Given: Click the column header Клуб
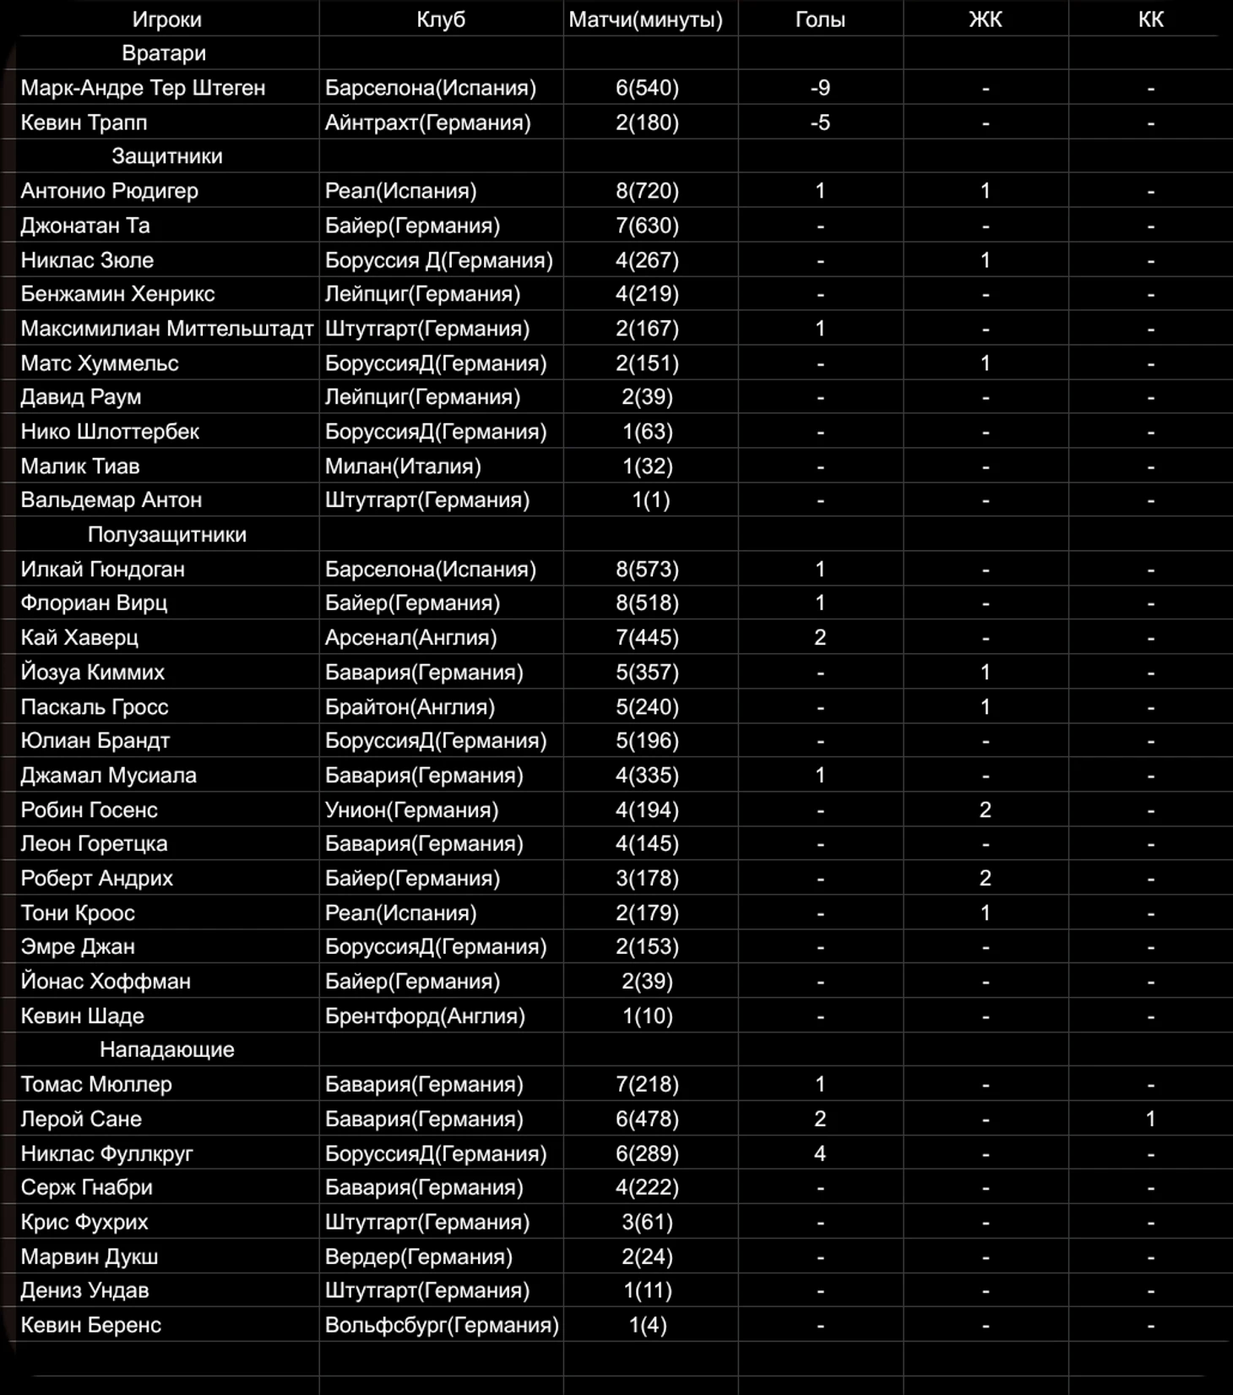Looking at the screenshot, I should coord(440,19).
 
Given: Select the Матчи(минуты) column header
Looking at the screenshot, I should coord(645,19).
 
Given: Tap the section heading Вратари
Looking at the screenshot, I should coord(164,53).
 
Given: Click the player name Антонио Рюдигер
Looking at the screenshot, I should coord(110,191).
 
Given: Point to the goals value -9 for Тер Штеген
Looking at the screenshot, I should coord(819,88).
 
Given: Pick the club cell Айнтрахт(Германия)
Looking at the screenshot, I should coord(427,123).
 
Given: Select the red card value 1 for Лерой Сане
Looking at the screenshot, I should coord(1150,1119).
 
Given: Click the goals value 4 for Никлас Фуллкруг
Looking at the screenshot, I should coord(819,1153).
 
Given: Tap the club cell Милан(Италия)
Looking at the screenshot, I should coord(403,466).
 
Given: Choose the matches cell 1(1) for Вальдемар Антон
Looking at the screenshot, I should coord(650,500).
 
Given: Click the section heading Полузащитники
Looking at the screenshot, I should coord(167,535).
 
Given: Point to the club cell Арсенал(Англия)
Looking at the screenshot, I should coord(410,638).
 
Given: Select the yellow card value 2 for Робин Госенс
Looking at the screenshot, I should coord(985,810).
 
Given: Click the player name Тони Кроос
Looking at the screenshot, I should coord(78,913).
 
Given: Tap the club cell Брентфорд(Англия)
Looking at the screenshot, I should coord(425,1016).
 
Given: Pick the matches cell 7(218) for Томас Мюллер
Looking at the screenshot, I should coord(647,1084).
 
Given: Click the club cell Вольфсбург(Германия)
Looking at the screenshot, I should coord(442,1325).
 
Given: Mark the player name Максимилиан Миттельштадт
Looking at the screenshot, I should coord(167,329).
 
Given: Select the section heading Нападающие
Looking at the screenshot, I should coord(167,1049).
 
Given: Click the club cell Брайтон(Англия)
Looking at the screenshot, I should coord(410,707).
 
